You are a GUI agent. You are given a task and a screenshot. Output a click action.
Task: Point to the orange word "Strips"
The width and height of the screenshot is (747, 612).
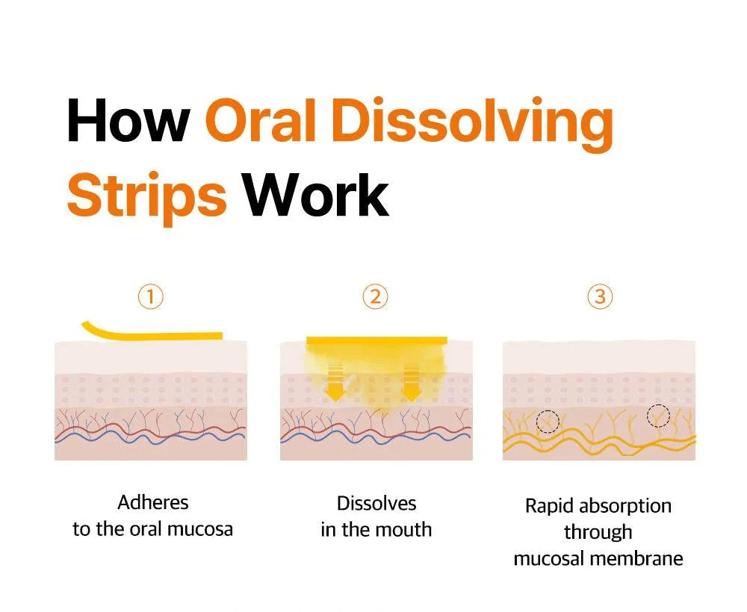146,197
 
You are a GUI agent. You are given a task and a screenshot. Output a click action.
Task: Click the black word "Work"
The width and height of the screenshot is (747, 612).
316,195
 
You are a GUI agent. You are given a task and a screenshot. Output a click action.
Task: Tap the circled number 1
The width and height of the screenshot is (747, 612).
151,296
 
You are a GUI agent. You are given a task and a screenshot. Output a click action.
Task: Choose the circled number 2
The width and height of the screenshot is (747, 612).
376,296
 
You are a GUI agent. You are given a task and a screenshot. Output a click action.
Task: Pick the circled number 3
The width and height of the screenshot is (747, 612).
600,296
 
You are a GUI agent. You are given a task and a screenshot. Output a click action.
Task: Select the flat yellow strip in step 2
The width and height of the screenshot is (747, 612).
376,340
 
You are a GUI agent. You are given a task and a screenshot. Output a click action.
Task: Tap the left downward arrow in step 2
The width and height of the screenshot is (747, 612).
335,382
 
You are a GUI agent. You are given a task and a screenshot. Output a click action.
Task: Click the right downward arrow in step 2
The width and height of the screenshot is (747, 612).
411,382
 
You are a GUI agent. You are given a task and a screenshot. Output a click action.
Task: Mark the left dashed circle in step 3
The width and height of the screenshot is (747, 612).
548,410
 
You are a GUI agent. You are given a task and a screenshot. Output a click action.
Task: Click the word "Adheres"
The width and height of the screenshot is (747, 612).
153,502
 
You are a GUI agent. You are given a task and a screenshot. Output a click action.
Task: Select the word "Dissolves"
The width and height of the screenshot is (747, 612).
376,504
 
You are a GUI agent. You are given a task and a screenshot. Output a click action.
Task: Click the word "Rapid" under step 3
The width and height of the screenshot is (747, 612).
549,507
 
